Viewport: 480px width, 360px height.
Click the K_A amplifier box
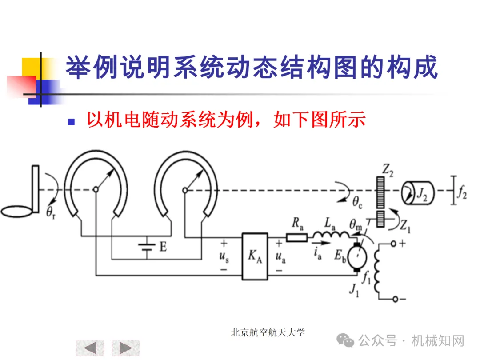click(255, 256)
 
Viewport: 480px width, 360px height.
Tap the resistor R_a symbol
click(296, 238)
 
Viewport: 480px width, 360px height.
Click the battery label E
click(163, 247)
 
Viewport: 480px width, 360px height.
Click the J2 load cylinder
click(417, 192)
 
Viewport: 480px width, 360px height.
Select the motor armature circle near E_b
click(356, 257)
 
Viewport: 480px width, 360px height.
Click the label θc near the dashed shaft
click(358, 202)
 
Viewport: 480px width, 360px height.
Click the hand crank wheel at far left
click(18, 211)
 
